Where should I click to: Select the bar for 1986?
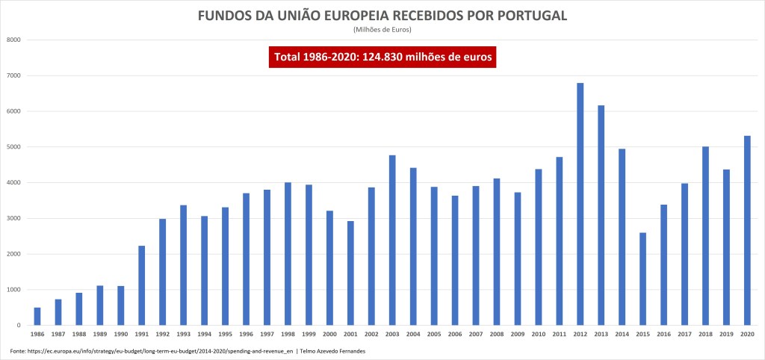pos(37,316)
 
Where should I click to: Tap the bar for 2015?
pos(642,279)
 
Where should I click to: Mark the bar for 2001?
pos(350,273)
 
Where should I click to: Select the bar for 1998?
pos(288,254)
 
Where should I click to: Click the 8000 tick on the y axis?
pos(12,40)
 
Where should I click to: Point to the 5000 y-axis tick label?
pos(12,147)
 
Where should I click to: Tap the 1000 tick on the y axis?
pos(12,290)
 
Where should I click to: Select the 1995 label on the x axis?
pos(225,335)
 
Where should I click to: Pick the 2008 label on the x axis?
pos(496,335)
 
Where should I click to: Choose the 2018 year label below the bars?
pos(704,335)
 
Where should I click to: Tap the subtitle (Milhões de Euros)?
pos(382,30)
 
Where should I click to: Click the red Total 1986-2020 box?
pos(382,58)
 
